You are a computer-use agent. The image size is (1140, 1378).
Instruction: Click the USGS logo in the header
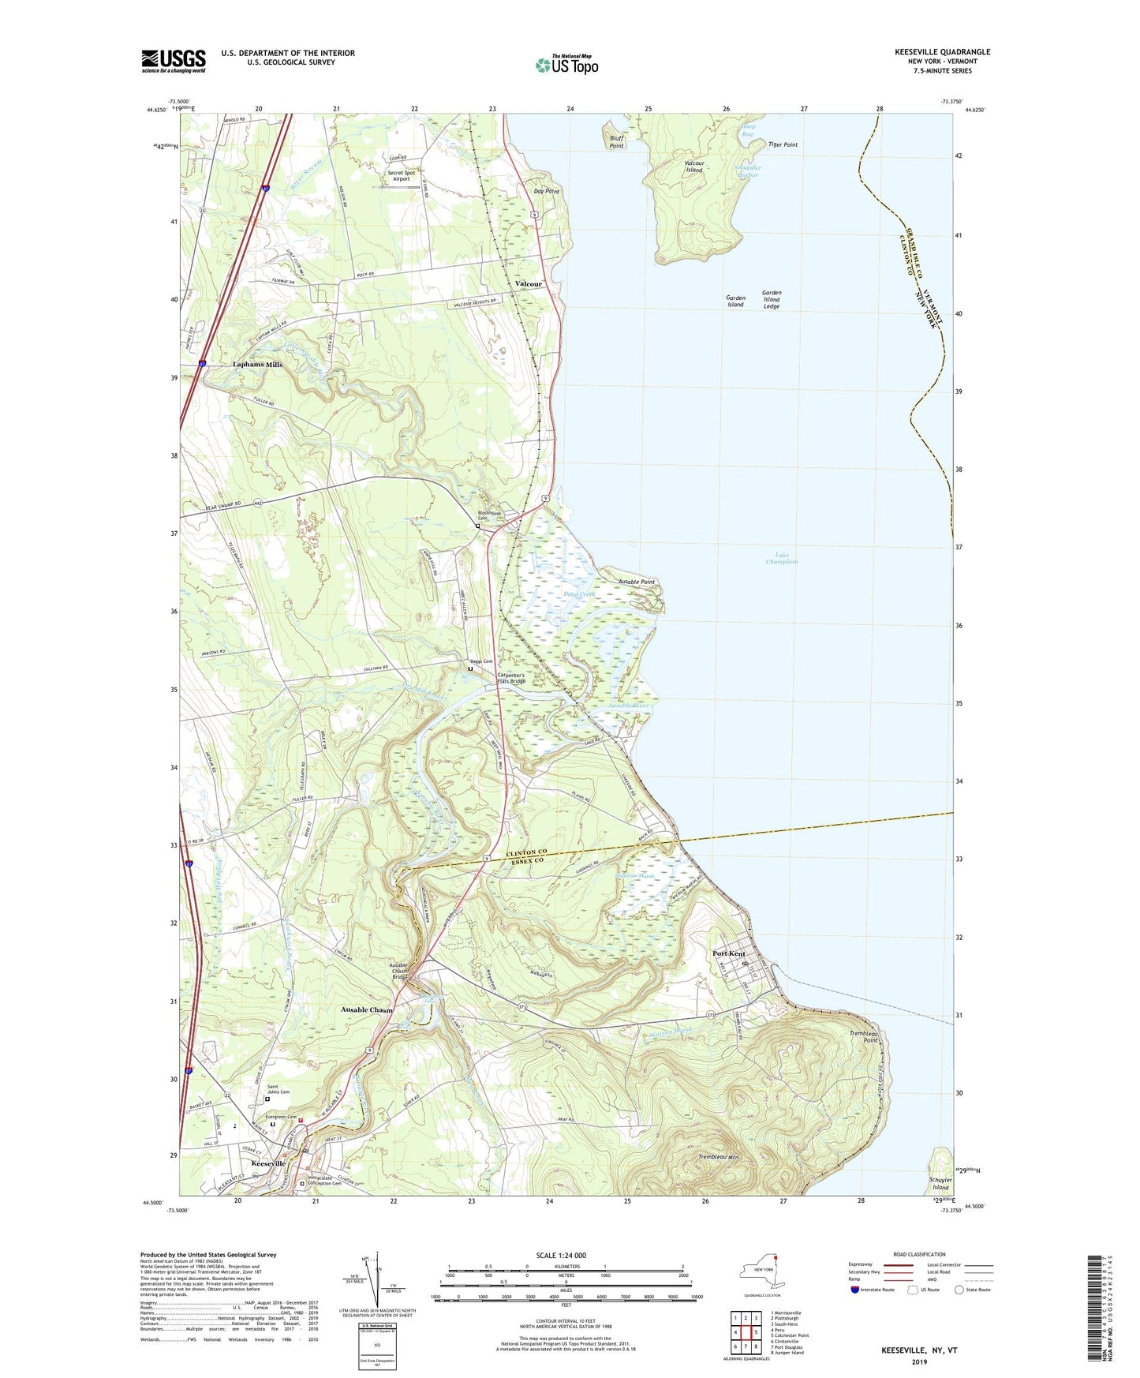[x=174, y=61]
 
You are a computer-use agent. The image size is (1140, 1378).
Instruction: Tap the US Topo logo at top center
[x=566, y=64]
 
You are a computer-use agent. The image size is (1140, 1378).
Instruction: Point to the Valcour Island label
[x=693, y=167]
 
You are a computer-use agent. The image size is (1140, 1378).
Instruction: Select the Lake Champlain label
[x=781, y=558]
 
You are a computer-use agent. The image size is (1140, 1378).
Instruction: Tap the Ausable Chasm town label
[x=366, y=1009]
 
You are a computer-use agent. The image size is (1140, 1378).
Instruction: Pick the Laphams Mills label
[x=257, y=365]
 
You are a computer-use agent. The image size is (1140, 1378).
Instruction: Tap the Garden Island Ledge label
[x=771, y=299]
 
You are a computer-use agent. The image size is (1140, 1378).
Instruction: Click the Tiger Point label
[x=783, y=144]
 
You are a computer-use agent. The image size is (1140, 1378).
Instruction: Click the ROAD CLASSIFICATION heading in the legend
[x=919, y=1254]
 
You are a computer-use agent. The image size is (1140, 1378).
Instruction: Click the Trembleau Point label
[x=864, y=1036]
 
